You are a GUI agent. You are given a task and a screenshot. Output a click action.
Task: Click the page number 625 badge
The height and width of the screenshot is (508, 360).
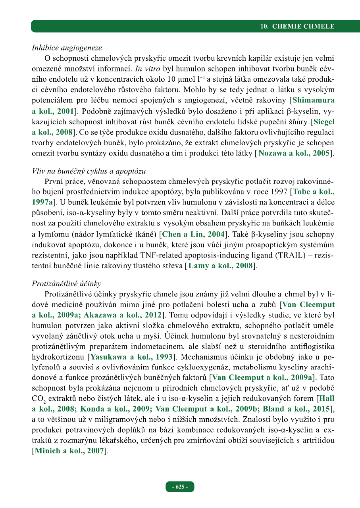click(180, 487)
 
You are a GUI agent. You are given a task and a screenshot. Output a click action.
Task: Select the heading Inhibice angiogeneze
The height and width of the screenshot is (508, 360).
click(67, 48)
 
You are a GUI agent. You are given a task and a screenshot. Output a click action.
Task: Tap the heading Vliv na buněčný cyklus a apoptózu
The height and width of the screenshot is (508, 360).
click(89, 171)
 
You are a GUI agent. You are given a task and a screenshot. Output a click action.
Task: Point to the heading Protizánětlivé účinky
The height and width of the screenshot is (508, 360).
click(66, 284)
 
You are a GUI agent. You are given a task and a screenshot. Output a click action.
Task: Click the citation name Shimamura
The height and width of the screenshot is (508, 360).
click(313, 100)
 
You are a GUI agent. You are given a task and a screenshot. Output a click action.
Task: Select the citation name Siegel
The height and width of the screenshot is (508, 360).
click(324, 121)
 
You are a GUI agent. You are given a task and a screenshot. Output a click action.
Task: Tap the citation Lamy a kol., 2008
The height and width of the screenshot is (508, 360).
click(220, 266)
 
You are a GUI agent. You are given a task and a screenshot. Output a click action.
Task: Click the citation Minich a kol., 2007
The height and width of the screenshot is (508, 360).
click(69, 450)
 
